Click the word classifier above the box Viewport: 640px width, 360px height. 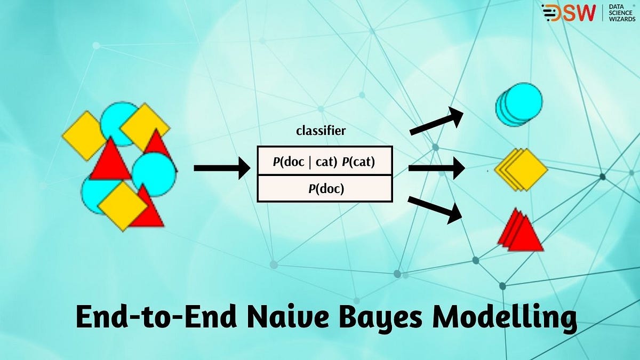pos(321,131)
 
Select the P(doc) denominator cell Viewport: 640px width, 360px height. pos(325,188)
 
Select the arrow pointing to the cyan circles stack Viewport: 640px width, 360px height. pos(435,122)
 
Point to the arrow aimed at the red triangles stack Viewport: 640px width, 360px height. pos(435,209)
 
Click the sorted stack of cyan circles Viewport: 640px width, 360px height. pos(518,104)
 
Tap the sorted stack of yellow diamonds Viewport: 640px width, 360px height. pos(522,170)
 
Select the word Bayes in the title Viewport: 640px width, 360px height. pos(377,318)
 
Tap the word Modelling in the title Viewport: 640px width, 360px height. pos(505,318)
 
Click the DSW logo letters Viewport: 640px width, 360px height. pos(569,13)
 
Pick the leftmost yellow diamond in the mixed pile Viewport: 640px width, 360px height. pos(84,135)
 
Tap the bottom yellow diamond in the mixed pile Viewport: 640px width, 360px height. pos(123,205)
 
